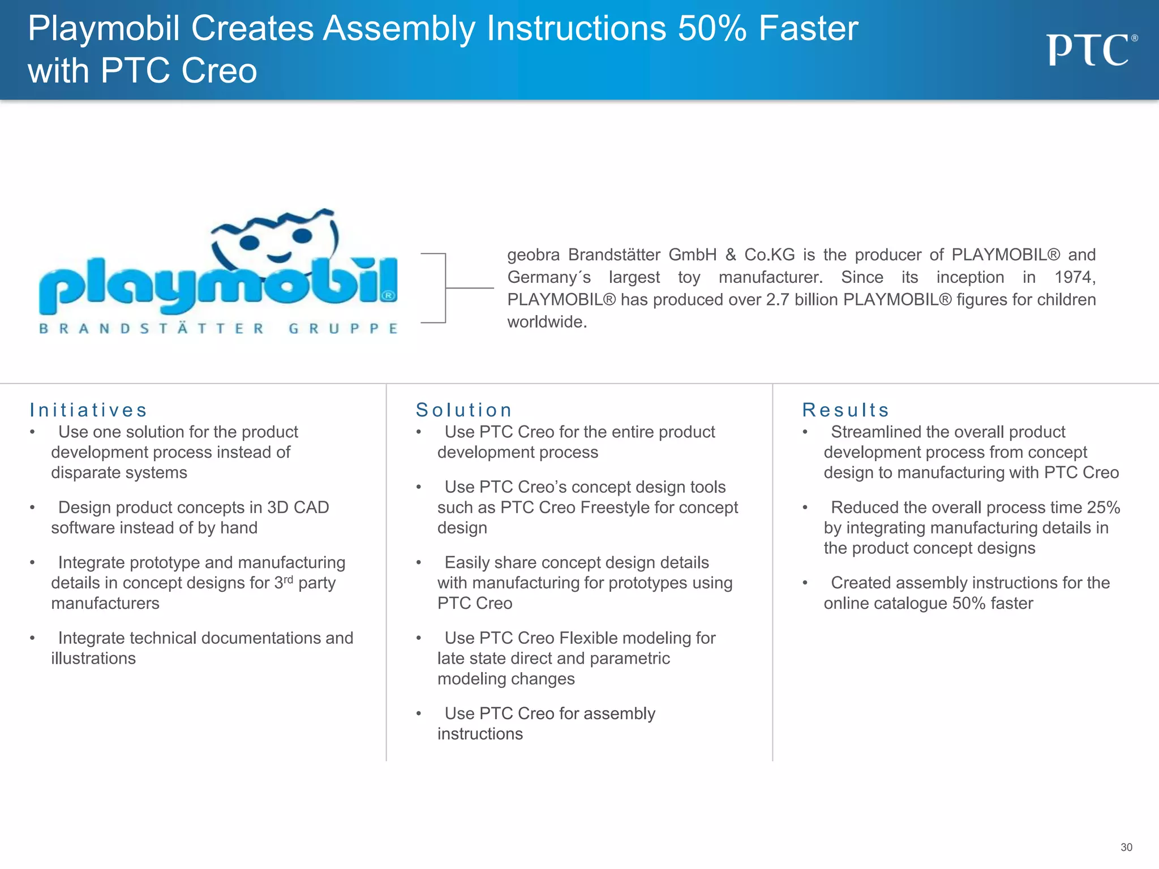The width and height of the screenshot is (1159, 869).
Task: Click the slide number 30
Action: coord(1126,847)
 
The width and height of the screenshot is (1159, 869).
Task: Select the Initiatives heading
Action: coord(88,410)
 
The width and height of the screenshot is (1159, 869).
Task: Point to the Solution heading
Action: coord(464,410)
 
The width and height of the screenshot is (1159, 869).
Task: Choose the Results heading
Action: coord(845,410)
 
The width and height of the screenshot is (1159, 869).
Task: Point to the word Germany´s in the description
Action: coord(549,277)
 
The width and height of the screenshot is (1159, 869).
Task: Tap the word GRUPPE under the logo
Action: coord(343,329)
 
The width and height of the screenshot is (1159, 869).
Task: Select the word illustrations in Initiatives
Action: coord(93,659)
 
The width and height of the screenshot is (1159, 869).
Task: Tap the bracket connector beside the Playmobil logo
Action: coord(447,288)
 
